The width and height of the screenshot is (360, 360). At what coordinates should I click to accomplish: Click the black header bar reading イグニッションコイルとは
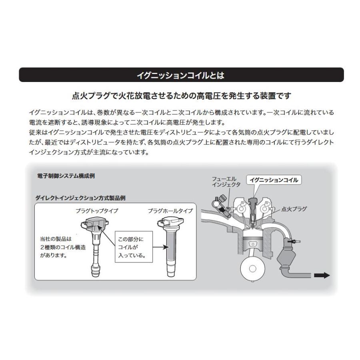pyautogui.click(x=181, y=75)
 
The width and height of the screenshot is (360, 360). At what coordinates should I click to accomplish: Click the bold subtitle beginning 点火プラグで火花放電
pyautogui.click(x=181, y=96)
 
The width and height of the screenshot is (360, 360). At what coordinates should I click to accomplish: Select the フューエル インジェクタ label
pyautogui.click(x=226, y=182)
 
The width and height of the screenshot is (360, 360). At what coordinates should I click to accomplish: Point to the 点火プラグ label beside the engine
pyautogui.click(x=294, y=209)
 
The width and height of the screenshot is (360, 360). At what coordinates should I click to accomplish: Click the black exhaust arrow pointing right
pyautogui.click(x=322, y=275)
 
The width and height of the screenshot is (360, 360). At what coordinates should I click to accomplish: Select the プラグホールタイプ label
pyautogui.click(x=170, y=210)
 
